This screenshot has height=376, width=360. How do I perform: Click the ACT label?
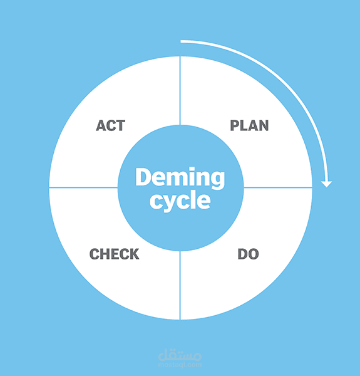click(x=111, y=125)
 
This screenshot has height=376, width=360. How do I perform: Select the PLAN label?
click(x=249, y=125)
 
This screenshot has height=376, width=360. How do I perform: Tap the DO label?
click(x=248, y=254)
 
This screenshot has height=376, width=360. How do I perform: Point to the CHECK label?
click(x=114, y=254)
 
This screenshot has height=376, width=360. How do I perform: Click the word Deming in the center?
click(x=180, y=177)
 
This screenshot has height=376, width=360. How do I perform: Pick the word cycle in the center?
click(x=180, y=201)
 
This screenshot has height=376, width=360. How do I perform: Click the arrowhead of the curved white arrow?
click(x=326, y=184)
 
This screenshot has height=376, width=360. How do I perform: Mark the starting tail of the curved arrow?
click(x=181, y=42)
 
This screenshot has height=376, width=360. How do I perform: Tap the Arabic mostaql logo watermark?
click(x=180, y=355)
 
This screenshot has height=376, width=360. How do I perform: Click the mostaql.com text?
click(x=180, y=365)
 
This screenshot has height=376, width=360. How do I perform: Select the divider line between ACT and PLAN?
click(x=180, y=91)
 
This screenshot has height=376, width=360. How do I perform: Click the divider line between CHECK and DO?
click(x=180, y=285)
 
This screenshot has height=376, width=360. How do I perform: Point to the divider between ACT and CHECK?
click(x=83, y=187)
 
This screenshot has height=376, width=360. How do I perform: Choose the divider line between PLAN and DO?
click(x=278, y=187)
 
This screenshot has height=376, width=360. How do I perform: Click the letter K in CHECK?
click(x=134, y=254)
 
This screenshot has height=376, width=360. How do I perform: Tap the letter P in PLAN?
click(x=235, y=125)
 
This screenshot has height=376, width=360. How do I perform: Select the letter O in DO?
click(x=254, y=254)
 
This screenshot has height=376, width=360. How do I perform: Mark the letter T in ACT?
click(x=121, y=125)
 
